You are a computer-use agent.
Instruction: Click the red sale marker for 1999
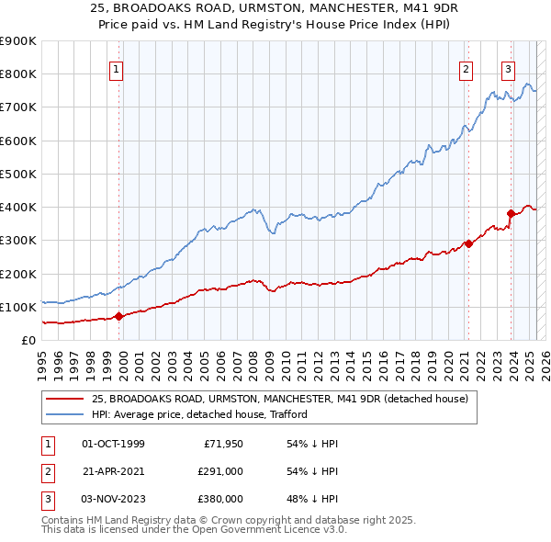[x=119, y=317]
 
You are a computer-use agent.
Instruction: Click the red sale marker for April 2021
[x=468, y=243]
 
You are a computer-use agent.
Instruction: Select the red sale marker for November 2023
[x=511, y=214]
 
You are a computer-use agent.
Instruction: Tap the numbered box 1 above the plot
[x=118, y=68]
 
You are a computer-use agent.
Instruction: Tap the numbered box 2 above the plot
[x=467, y=68]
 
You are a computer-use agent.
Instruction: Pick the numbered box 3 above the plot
[x=508, y=68]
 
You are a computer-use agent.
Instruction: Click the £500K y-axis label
[x=18, y=174]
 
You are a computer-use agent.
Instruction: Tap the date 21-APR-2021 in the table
[x=113, y=471]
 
